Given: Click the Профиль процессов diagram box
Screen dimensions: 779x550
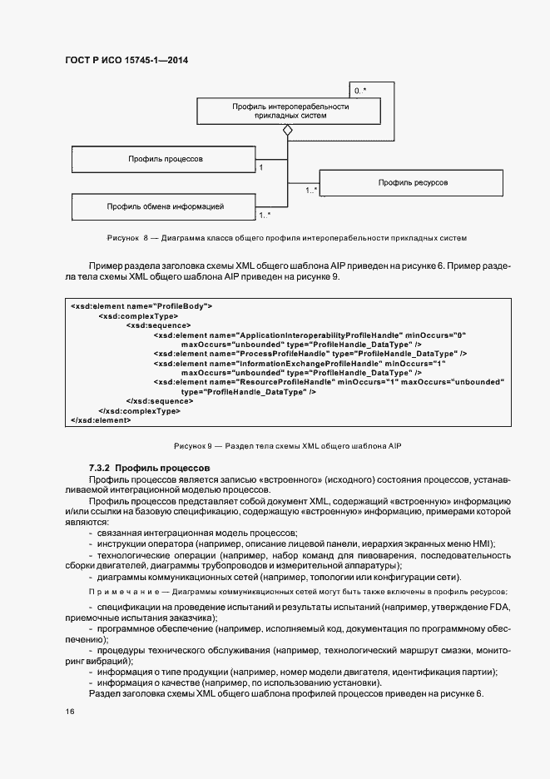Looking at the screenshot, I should [166, 158].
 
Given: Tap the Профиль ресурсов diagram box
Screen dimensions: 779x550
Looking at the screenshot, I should [413, 181].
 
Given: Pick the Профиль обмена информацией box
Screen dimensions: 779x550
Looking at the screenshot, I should [166, 205].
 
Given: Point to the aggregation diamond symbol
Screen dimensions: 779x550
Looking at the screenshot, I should [288, 131].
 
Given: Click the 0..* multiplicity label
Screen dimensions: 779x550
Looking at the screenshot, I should [360, 88].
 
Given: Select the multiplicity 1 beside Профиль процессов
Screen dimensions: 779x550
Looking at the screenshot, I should [262, 167].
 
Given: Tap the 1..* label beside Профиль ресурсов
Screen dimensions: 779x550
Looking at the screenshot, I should [311, 191].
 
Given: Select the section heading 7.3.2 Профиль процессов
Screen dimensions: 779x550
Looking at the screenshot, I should [150, 469].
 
